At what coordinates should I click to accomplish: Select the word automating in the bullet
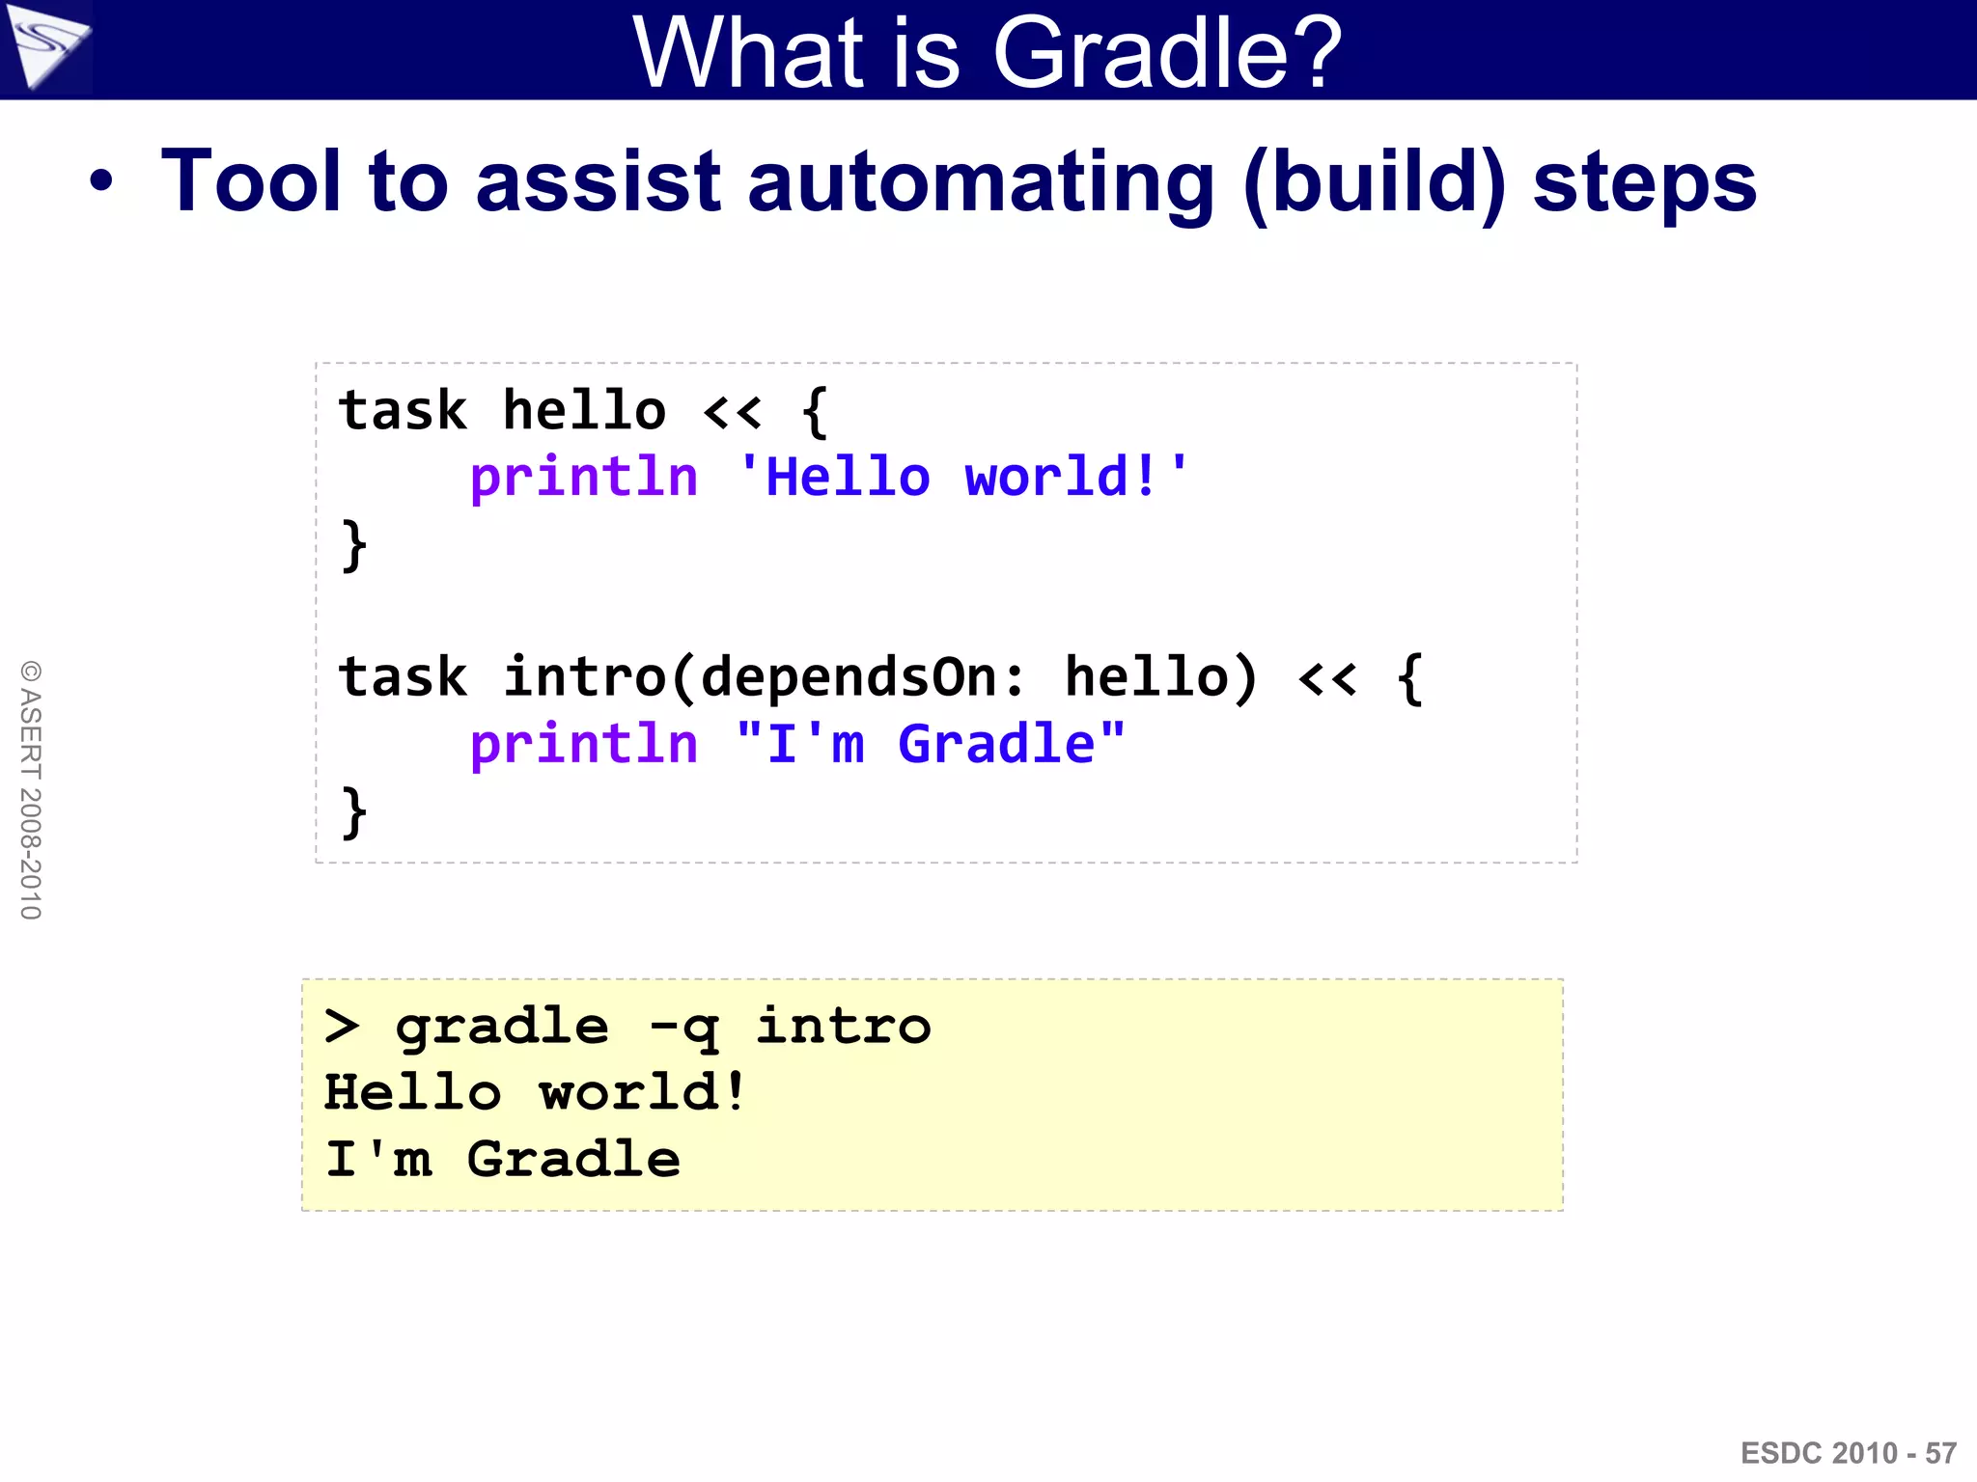click(980, 183)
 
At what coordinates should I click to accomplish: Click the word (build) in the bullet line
click(1374, 183)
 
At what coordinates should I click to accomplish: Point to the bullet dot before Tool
click(100, 181)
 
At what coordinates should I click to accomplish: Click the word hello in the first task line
click(584, 411)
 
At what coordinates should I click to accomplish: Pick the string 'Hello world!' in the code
click(962, 478)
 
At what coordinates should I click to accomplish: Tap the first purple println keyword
click(583, 479)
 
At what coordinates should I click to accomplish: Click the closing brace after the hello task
click(354, 546)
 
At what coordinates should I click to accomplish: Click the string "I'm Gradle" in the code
click(930, 745)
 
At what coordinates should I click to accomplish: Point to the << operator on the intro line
click(1327, 678)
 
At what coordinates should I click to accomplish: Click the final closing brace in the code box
click(354, 812)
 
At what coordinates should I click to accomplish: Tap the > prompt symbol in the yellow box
click(342, 1027)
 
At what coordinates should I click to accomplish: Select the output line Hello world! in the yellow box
click(535, 1093)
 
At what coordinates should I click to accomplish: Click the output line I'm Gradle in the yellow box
click(502, 1160)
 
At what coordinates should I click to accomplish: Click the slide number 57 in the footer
click(1940, 1453)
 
